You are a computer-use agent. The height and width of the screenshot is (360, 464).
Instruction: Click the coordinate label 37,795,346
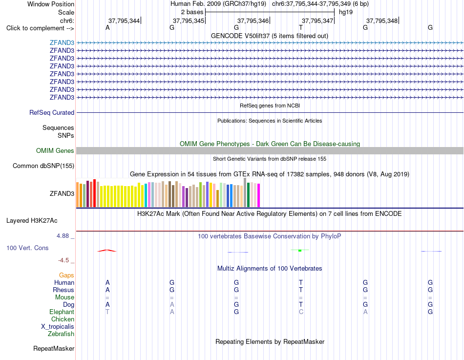click(253, 21)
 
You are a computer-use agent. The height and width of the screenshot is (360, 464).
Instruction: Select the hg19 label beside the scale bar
click(346, 12)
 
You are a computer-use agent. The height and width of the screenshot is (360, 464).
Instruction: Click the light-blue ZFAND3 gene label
click(62, 42)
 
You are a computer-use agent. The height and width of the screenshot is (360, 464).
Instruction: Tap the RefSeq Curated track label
click(52, 112)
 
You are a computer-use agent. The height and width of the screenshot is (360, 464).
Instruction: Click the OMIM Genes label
click(55, 150)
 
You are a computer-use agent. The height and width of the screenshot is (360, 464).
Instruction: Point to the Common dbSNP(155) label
click(43, 166)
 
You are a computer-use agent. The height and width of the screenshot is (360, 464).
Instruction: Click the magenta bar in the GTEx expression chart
click(259, 195)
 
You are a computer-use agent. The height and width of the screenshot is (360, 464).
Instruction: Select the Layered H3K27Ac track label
click(32, 221)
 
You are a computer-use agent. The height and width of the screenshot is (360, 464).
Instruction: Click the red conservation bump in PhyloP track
click(107, 251)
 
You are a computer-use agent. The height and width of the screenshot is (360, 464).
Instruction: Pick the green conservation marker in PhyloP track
click(300, 251)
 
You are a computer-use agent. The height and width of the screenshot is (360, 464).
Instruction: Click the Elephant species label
click(62, 312)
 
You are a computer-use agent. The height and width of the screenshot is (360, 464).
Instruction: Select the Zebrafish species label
click(61, 334)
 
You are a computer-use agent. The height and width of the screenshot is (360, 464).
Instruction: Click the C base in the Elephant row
click(301, 312)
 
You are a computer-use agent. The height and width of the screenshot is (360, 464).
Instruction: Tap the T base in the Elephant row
click(107, 312)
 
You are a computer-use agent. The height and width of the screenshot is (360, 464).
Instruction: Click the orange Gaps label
click(66, 275)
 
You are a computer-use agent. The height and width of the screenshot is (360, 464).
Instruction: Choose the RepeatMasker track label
click(54, 348)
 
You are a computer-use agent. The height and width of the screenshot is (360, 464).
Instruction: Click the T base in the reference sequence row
click(301, 27)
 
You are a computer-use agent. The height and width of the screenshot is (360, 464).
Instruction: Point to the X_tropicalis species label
click(58, 327)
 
